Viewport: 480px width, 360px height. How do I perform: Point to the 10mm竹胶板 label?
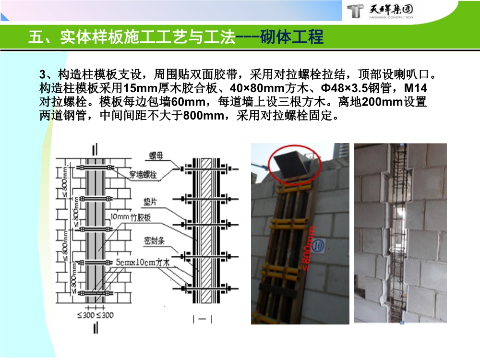[x=131, y=217]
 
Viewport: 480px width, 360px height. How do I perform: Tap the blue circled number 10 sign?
[x=318, y=245]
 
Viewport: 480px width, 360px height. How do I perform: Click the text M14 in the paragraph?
[x=416, y=89]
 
